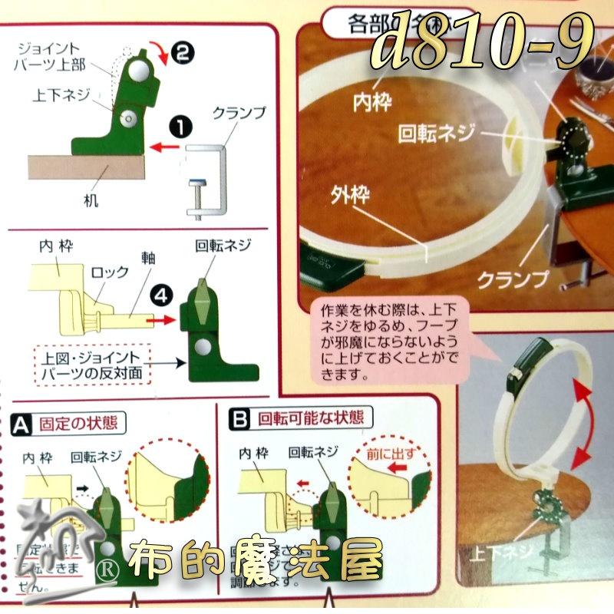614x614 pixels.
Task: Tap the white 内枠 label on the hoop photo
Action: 371,101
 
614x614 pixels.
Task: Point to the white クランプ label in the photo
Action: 513,278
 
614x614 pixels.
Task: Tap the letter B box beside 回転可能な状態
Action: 241,419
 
